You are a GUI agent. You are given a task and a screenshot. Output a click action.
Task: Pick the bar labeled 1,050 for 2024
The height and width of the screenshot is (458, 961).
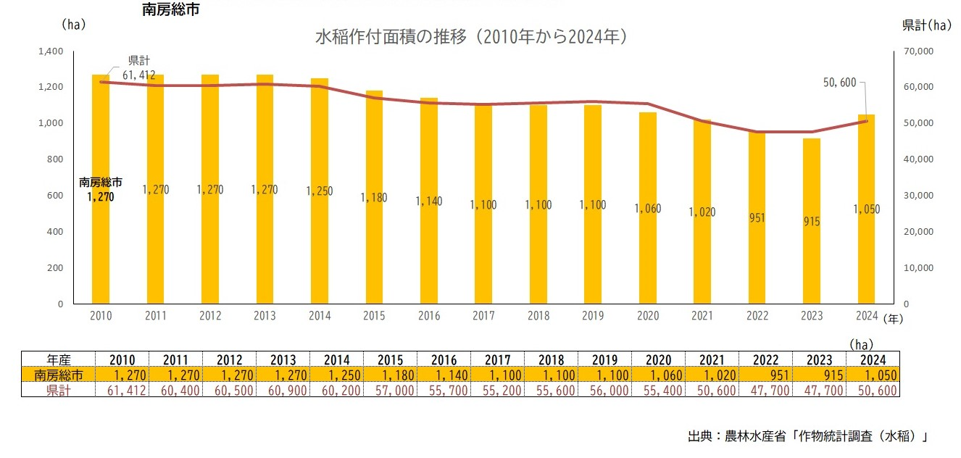point(866,209)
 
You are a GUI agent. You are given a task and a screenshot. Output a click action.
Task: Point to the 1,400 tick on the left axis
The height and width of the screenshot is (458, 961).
point(50,51)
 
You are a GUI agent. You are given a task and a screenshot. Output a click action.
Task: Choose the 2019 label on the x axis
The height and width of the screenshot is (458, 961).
point(593,316)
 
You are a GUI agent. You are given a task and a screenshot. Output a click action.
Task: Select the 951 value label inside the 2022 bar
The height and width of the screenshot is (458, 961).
point(757,217)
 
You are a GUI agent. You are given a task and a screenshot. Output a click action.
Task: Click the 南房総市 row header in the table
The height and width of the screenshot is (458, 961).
point(59,375)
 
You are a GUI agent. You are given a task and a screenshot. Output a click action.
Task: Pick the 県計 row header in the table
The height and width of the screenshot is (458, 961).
point(59,390)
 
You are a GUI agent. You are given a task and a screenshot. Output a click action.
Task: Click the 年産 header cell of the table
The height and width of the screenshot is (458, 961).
point(59,359)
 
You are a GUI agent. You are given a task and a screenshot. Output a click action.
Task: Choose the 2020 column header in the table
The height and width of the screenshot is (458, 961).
point(657,359)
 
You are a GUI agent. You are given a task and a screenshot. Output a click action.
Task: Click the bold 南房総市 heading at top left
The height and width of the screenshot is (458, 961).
point(171,10)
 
